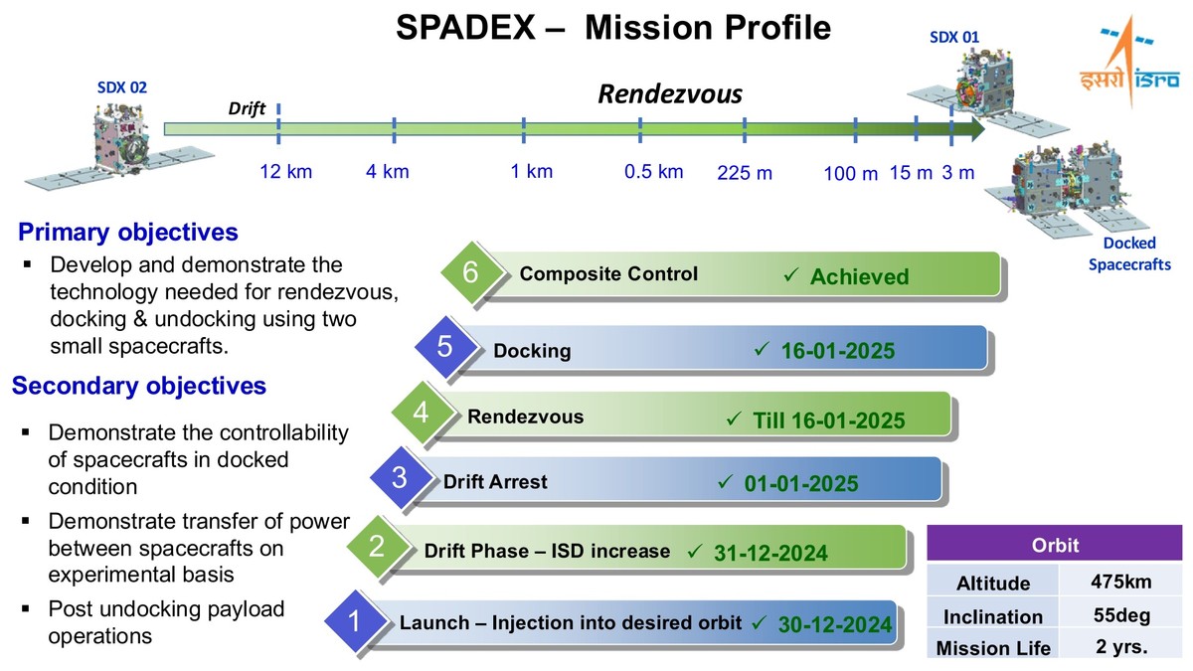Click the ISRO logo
[x=1129, y=62]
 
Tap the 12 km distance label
[x=286, y=171]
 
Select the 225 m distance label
[x=744, y=173]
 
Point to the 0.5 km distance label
[x=653, y=171]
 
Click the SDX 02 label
[x=122, y=87]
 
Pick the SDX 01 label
[x=954, y=38]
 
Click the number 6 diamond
[x=471, y=272]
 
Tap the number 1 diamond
[x=354, y=621]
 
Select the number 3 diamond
[x=400, y=477]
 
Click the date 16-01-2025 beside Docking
[x=838, y=350]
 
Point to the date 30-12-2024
[x=834, y=624]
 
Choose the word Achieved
[x=859, y=276]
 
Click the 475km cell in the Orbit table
[x=1121, y=581]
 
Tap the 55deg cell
[x=1121, y=615]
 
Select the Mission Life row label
[x=993, y=648]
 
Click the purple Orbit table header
[x=1055, y=545]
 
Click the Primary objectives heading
[x=128, y=233]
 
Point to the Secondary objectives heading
[x=139, y=386]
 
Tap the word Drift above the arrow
[x=247, y=108]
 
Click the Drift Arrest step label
[x=495, y=481]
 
